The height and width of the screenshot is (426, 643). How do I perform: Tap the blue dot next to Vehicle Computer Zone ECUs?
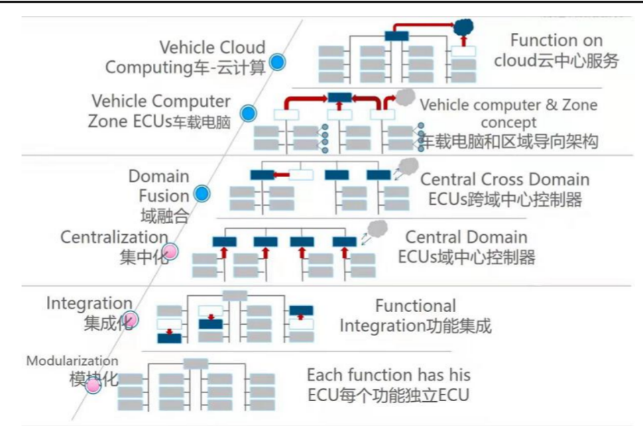249,113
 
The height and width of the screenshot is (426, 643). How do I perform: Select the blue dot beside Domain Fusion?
201,195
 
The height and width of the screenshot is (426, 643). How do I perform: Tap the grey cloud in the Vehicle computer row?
404,97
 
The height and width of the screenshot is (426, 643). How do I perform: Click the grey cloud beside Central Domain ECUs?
378,229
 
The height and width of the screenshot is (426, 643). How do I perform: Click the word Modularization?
72,361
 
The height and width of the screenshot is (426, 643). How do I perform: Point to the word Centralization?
114,237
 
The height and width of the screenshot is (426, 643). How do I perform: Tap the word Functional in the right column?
415,306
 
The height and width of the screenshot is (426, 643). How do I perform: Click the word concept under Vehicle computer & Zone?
508,123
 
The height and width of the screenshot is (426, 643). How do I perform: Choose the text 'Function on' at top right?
556,40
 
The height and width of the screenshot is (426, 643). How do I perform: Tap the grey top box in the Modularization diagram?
195,364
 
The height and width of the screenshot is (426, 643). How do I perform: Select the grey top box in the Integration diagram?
235,295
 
